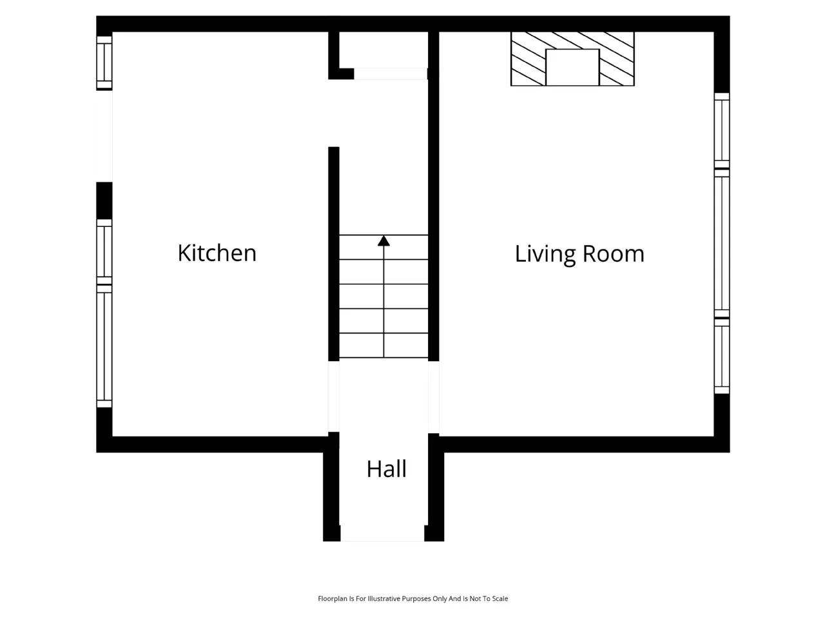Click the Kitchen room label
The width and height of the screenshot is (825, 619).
[217, 253]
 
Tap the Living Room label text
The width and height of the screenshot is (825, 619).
[579, 254]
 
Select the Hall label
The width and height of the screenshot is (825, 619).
[386, 469]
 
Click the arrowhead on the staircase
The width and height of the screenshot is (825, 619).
[383, 241]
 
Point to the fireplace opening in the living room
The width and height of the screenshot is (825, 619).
[572, 67]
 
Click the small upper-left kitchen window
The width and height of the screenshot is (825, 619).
[104, 63]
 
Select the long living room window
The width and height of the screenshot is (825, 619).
[721, 243]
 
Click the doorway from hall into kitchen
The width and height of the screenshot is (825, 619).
[333, 397]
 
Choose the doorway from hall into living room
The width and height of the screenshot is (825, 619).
[433, 397]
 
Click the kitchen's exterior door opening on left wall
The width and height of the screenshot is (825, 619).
[104, 136]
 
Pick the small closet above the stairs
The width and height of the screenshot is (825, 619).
[383, 50]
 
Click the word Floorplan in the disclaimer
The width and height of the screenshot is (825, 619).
[332, 598]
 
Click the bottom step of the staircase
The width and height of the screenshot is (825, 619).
[383, 346]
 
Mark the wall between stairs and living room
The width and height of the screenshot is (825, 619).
[433, 196]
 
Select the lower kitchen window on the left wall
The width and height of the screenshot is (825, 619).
[104, 313]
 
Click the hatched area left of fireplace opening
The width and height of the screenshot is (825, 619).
[528, 59]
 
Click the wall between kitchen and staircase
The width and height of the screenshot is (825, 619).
[333, 253]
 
